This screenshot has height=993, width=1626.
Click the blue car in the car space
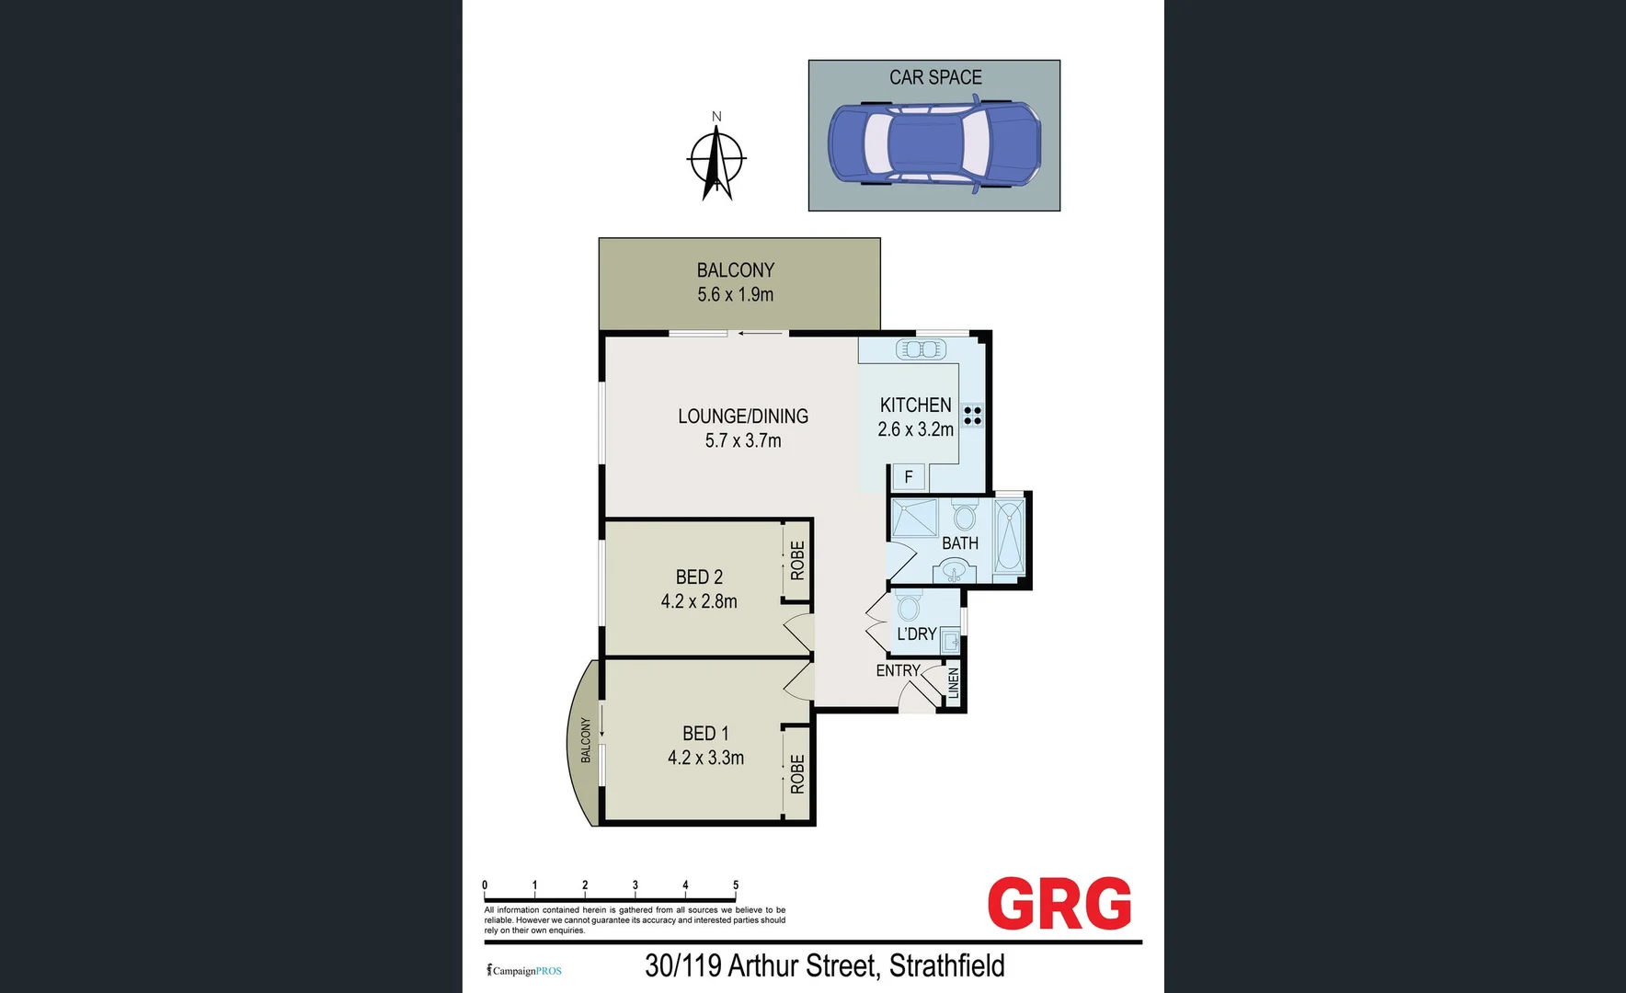click(933, 144)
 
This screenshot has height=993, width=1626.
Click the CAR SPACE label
click(935, 78)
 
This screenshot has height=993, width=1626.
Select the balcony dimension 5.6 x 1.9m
click(735, 295)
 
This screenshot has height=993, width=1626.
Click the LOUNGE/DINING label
click(743, 417)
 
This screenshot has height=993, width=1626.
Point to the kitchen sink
click(921, 349)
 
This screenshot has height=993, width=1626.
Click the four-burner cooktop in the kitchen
click(972, 415)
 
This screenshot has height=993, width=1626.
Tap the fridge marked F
click(909, 476)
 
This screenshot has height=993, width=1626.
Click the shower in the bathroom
click(914, 518)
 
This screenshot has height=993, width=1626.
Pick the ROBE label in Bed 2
click(797, 560)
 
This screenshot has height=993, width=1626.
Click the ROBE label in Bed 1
click(797, 773)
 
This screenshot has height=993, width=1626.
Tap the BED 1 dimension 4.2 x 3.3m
click(705, 758)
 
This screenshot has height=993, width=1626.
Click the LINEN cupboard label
click(954, 683)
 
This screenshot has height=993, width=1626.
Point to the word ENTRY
click(898, 671)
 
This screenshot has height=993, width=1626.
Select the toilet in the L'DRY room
click(909, 607)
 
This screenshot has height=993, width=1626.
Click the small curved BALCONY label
click(586, 739)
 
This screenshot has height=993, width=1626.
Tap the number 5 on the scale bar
click(735, 885)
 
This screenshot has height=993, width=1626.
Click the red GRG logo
click(1059, 904)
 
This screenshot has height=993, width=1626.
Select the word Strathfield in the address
click(946, 966)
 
